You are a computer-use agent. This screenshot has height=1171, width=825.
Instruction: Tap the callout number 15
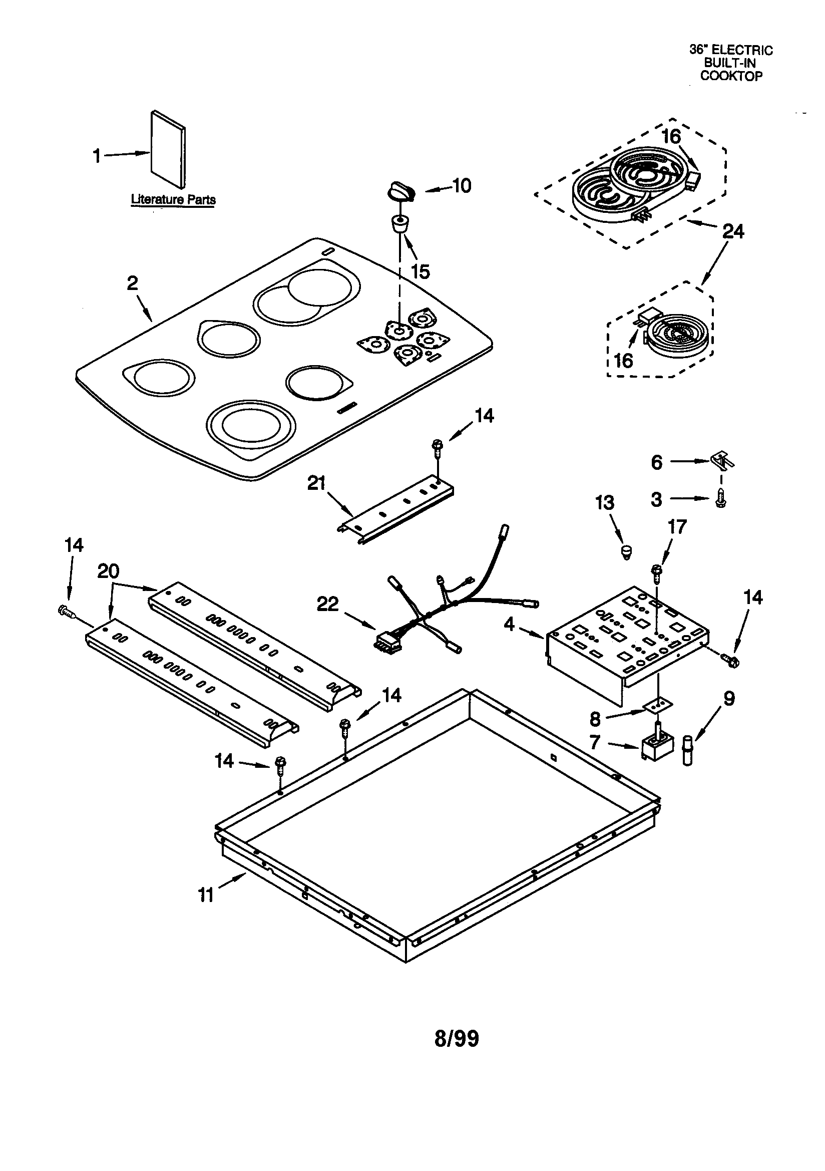420,272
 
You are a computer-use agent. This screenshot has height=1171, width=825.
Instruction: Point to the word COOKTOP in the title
731,76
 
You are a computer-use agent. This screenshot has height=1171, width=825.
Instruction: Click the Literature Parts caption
173,199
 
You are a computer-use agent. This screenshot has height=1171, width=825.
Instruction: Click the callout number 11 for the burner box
205,895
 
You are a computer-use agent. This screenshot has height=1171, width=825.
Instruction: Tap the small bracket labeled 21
395,510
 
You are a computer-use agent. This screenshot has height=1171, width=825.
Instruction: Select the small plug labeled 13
626,551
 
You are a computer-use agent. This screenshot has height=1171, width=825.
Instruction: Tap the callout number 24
733,232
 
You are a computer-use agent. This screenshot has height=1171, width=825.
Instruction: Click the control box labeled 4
627,638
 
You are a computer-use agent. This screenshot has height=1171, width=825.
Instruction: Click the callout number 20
108,572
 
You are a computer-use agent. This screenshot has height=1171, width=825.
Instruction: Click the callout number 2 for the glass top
132,283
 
